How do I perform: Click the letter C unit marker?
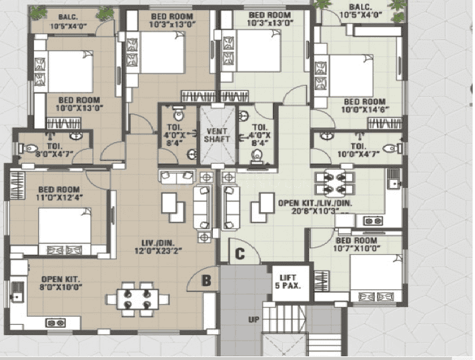pos(240,253)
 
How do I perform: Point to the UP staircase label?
pos(254,320)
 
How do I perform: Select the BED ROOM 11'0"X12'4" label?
pos(59,193)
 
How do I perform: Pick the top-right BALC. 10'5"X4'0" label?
pos(362,11)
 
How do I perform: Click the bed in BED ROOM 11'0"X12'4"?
pos(65,230)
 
